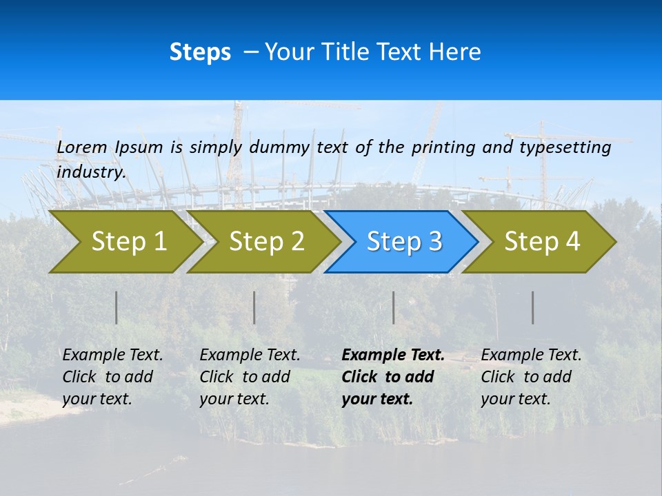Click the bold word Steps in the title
point(200,52)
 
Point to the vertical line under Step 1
point(117,307)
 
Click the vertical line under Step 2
point(254,307)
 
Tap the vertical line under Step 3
point(394,307)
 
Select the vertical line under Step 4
point(533,307)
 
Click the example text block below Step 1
point(112,377)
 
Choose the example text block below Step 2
point(249,377)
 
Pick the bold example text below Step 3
point(392,377)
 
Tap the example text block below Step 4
point(530,377)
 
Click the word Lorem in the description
point(82,147)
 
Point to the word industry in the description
point(91,172)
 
